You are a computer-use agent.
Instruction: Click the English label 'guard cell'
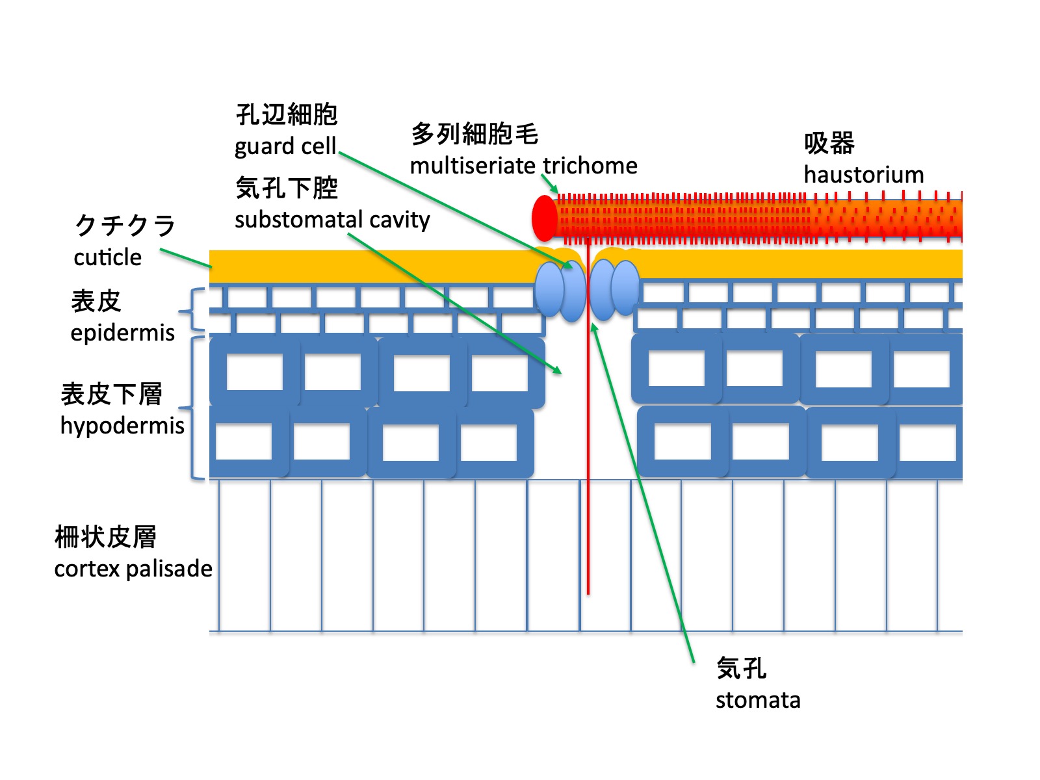[x=285, y=146]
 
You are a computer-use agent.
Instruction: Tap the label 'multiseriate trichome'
[x=523, y=166]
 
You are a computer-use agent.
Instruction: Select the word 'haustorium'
[x=863, y=175]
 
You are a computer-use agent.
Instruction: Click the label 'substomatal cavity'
[x=332, y=220]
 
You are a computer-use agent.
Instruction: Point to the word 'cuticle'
[x=107, y=257]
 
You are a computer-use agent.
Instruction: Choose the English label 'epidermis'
[x=122, y=333]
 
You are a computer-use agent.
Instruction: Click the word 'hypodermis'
[x=122, y=426]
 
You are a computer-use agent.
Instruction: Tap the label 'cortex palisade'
[x=133, y=569]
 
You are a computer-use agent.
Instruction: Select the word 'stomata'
[x=758, y=700]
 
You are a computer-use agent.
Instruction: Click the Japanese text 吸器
[x=829, y=143]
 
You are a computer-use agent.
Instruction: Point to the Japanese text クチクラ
[x=125, y=226]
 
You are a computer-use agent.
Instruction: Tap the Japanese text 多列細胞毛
[x=474, y=134]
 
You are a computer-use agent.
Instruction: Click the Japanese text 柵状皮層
[x=105, y=538]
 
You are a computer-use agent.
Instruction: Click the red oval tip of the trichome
[x=545, y=218]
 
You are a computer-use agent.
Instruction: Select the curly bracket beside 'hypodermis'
[x=192, y=408]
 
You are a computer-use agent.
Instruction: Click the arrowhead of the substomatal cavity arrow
[x=558, y=371]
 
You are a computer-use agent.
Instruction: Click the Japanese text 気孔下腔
[x=287, y=188]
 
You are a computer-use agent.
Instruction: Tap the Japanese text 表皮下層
[x=111, y=394]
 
